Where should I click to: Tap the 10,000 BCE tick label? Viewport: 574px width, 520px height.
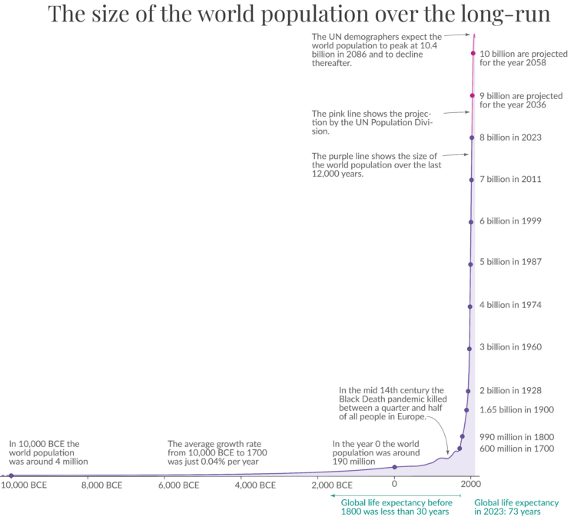[23, 485]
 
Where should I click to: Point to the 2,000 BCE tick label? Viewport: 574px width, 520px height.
[333, 485]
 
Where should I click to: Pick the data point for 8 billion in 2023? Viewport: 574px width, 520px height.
[472, 137]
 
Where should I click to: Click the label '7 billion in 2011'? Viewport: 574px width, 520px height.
[511, 179]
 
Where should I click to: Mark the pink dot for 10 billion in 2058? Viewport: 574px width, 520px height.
[473, 54]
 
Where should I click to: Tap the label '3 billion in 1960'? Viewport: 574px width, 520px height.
[511, 347]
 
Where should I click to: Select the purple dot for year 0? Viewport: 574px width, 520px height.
[394, 467]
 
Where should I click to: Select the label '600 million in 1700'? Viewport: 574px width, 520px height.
[516, 449]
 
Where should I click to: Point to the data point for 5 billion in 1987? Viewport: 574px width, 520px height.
[470, 263]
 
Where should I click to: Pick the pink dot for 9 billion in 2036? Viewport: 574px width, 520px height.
[473, 95]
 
